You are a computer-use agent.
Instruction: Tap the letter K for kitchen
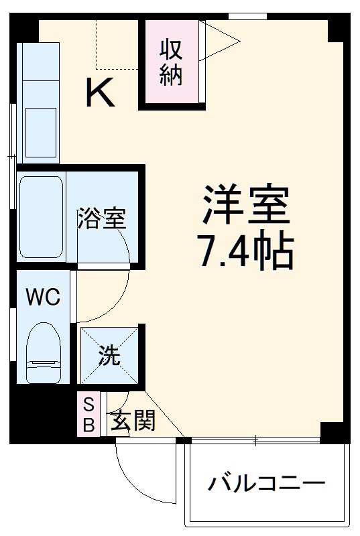[100, 93]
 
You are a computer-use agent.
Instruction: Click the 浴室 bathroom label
[102, 218]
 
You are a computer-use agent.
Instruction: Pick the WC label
[43, 296]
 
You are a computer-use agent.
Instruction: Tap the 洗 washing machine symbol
[110, 356]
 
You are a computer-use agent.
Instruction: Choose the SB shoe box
[88, 413]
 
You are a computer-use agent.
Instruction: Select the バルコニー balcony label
[266, 483]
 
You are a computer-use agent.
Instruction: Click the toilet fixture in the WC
[44, 352]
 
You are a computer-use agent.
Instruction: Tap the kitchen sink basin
[41, 130]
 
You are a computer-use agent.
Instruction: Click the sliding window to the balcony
[255, 440]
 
